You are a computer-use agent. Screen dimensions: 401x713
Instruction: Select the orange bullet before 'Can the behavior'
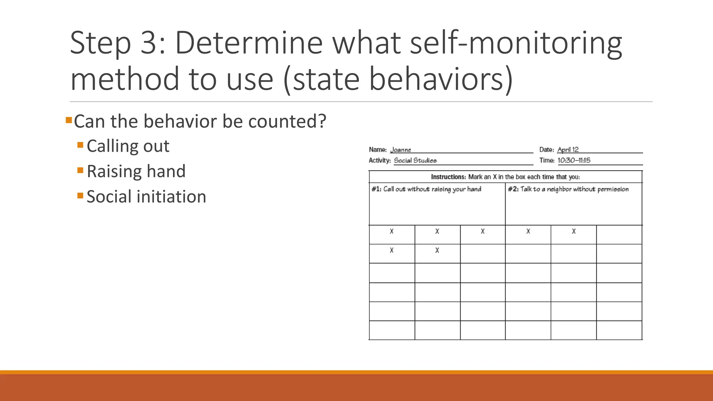[x=69, y=121]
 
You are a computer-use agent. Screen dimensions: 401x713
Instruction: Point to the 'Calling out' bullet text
[x=128, y=146]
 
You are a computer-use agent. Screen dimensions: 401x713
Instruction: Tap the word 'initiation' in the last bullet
[x=171, y=197]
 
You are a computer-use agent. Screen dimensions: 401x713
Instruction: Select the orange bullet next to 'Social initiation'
[x=80, y=195]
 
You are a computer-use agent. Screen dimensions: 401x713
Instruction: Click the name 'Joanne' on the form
[x=400, y=150]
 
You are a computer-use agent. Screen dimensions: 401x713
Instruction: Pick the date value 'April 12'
[x=568, y=149]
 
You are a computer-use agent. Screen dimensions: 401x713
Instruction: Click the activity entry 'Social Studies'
[x=415, y=160]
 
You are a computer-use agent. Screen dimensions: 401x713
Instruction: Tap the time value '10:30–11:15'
[x=574, y=160]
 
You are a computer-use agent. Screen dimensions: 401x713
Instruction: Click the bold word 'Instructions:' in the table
[x=448, y=177]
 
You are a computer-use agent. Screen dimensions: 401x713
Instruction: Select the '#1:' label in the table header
[x=376, y=189]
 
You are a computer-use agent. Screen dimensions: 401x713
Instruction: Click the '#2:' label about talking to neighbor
[x=513, y=189]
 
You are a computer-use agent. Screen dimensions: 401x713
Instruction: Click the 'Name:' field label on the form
[x=378, y=150]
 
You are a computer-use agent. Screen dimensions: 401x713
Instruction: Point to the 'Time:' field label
[x=547, y=160]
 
